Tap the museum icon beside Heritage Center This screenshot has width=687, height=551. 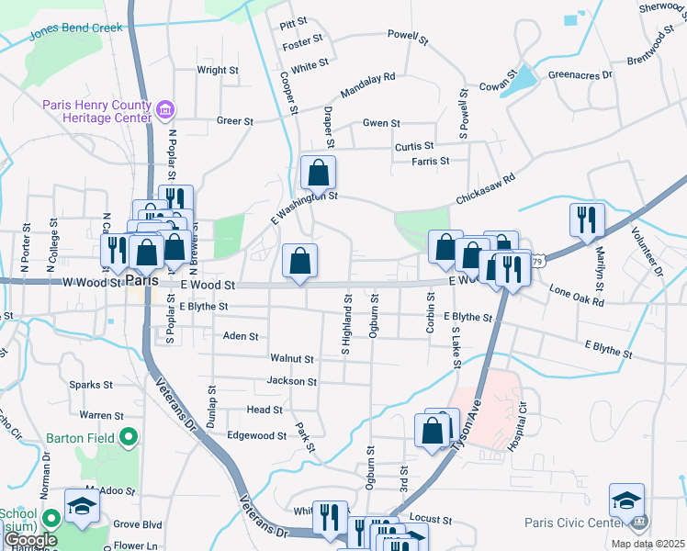coord(165,112)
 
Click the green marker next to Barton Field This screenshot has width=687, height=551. coord(130,437)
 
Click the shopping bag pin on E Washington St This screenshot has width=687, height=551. coord(318,172)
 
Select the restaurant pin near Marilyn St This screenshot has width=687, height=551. coord(587,219)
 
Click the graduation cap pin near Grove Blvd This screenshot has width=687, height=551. coord(82,506)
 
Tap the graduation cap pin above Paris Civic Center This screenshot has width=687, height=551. coord(627,500)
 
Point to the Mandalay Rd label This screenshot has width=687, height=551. coord(366,87)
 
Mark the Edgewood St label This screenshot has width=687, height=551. coord(257,435)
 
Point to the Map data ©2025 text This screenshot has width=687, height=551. coord(652,544)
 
